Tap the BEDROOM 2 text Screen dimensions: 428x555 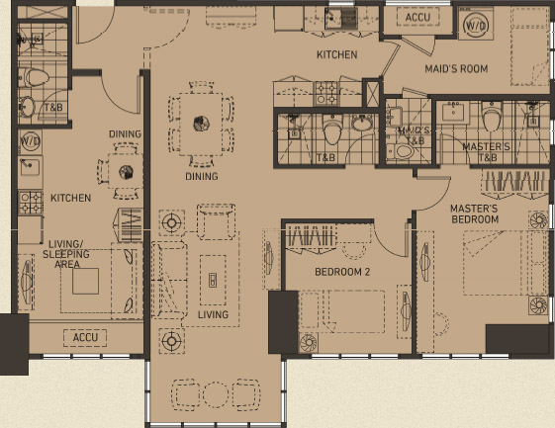coord(342,271)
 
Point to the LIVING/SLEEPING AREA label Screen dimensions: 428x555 coord(66,259)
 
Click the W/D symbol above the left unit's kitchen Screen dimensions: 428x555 coord(30,141)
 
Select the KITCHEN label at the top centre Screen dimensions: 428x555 coord(336,54)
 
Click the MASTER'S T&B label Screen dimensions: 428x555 coord(486,151)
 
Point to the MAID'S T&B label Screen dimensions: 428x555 coord(412,135)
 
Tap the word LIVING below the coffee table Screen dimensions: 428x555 coord(212,314)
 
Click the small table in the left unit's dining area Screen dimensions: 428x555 coord(127,171)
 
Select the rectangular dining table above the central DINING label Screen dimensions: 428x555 coord(201,123)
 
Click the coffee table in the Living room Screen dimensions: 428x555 coord(212,278)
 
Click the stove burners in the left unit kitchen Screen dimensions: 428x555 coord(30,203)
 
